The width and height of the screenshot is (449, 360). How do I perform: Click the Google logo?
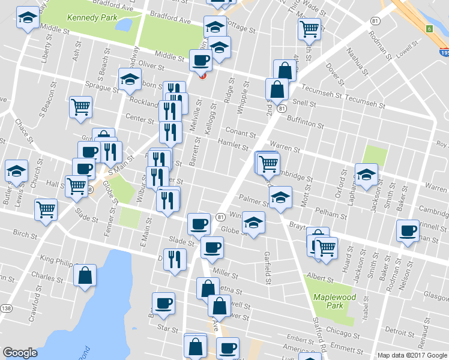(20, 353)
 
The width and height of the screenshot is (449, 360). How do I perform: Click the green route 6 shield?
(429, 28)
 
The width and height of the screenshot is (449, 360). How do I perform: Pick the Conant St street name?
(241, 131)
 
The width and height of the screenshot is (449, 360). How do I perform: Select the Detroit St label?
(396, 331)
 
